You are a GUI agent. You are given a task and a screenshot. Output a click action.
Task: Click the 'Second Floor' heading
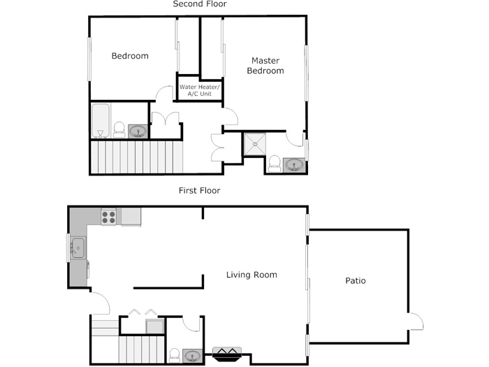pos(200,4)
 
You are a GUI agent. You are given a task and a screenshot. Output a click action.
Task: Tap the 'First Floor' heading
pos(200,190)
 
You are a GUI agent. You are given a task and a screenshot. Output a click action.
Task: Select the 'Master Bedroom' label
pos(265,66)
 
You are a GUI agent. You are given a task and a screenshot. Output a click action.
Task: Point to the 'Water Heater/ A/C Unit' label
pos(200,90)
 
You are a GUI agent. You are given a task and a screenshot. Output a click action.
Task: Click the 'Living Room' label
pos(251,275)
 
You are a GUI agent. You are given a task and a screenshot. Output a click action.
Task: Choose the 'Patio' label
pos(356,280)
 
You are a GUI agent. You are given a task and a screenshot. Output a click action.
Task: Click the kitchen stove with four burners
pos(108,217)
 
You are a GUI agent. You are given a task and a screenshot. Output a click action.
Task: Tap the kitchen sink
pos(78,247)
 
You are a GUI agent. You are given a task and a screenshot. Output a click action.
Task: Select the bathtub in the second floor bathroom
pos(101,120)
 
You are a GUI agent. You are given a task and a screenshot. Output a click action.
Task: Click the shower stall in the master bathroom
pos(255,144)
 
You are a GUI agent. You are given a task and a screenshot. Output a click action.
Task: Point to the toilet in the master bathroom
pos(275,164)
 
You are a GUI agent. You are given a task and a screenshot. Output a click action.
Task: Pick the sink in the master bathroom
pos(294,165)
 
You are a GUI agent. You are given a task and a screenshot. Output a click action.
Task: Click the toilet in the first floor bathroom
pos(175,355)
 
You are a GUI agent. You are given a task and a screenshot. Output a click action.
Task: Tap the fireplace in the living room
pos(227,354)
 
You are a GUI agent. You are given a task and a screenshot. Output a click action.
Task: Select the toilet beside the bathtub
pos(119,129)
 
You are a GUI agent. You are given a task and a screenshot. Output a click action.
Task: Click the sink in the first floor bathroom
pos(192,356)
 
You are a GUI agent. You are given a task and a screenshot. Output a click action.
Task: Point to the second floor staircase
pos(136,157)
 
